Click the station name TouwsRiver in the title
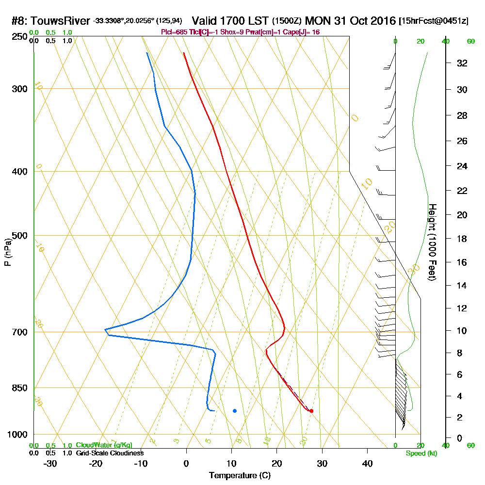click(63, 21)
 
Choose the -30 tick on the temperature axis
click(50, 464)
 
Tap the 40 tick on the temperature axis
click(367, 464)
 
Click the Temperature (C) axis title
click(240, 475)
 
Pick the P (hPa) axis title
click(7, 252)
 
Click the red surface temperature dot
click(311, 411)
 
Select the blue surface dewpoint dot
click(235, 411)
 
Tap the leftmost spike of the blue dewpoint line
click(105, 330)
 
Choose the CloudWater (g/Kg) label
click(104, 445)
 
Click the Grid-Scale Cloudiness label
click(110, 453)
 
